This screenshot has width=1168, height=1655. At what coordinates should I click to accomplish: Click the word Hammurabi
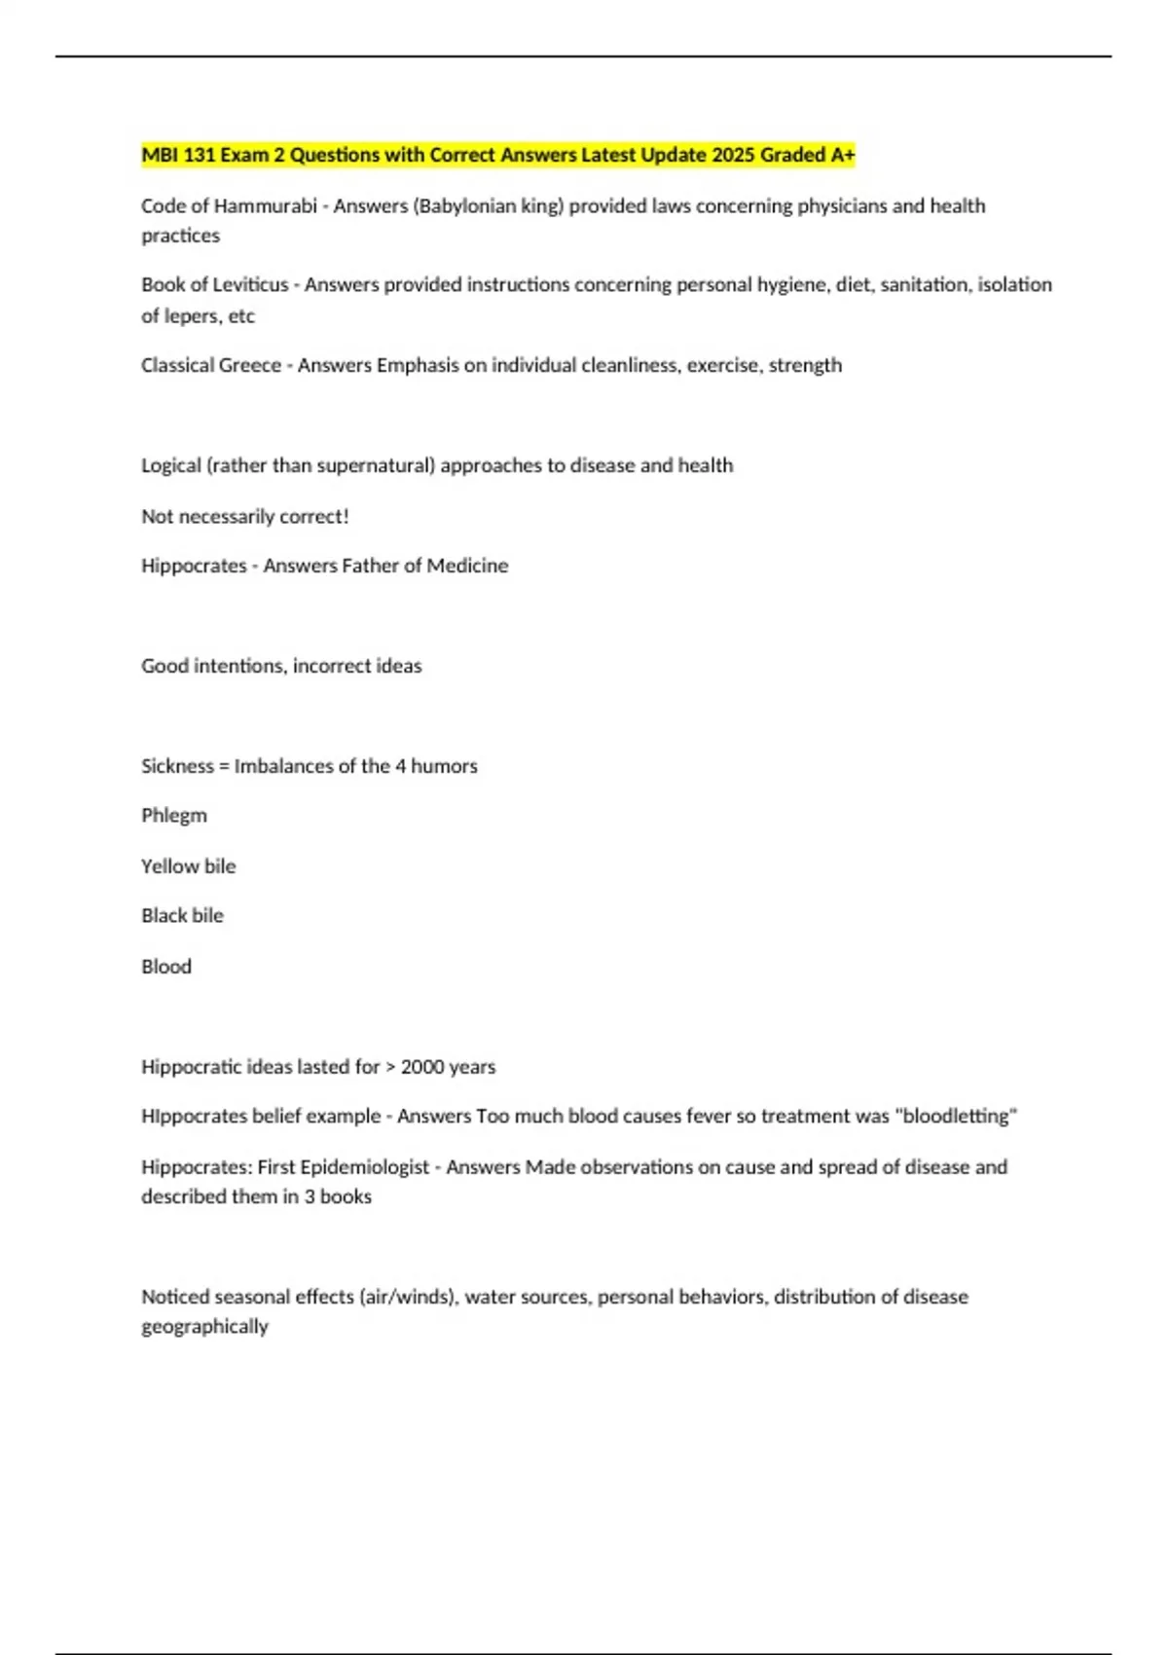(265, 206)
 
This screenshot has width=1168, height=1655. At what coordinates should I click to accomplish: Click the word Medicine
(467, 566)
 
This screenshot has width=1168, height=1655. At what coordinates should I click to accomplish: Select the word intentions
(239, 666)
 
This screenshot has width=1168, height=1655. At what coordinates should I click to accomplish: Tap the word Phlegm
(174, 816)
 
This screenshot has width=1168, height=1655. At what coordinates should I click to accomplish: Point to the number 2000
(422, 1067)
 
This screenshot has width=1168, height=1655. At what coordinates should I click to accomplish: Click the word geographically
(204, 1327)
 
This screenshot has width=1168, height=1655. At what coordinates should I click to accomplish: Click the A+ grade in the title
(843, 155)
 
